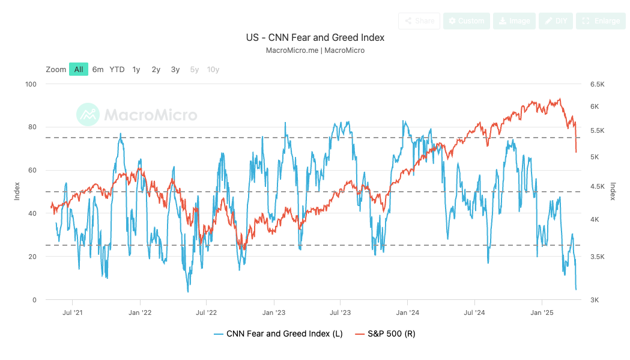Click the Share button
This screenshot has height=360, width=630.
(x=419, y=21)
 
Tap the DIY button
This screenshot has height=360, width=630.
(x=556, y=21)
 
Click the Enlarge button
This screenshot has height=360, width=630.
(x=600, y=21)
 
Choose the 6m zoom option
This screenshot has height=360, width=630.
(x=98, y=69)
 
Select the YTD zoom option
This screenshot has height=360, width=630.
(x=117, y=69)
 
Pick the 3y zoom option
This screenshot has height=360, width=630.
(x=175, y=69)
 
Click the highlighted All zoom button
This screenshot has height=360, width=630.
(x=79, y=69)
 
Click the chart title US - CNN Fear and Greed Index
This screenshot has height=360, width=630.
(x=315, y=37)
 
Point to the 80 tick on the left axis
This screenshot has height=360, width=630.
(x=31, y=127)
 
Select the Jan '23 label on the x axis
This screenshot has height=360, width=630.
(x=274, y=313)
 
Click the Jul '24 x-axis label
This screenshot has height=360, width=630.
(x=474, y=313)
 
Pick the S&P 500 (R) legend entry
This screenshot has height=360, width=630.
(x=385, y=334)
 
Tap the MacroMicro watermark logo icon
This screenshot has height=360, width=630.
(x=88, y=114)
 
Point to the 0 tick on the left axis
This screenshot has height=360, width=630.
(x=34, y=300)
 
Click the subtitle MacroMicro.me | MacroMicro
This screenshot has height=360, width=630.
(x=315, y=50)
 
